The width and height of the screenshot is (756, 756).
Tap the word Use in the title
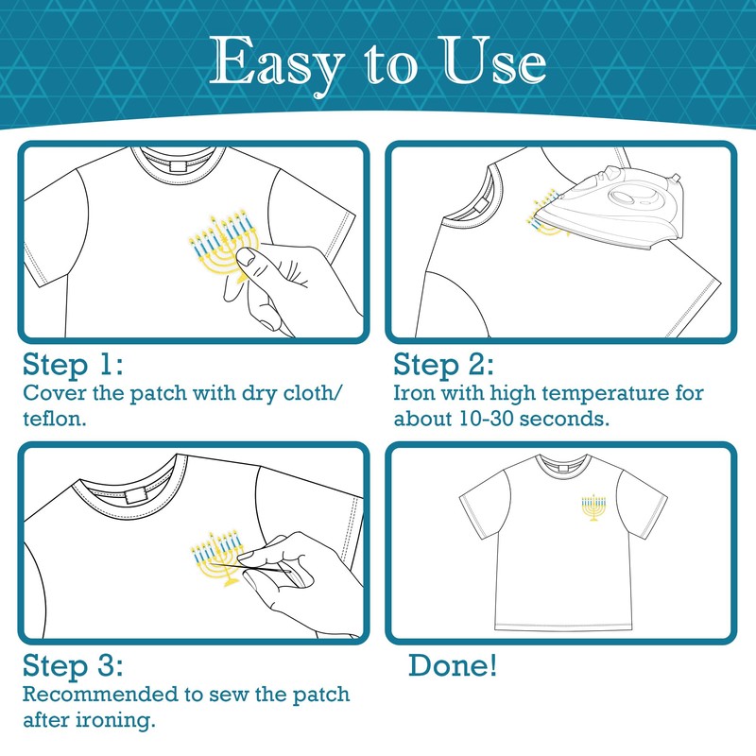pyautogui.click(x=494, y=60)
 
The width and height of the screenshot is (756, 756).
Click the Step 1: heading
pyautogui.click(x=73, y=365)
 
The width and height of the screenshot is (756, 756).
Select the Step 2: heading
pyautogui.click(x=443, y=365)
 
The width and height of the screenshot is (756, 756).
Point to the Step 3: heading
pyautogui.click(x=73, y=666)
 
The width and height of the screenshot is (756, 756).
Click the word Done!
pyautogui.click(x=453, y=665)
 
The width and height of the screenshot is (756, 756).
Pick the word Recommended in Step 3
pyautogui.click(x=100, y=695)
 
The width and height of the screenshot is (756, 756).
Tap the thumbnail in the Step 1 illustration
pyautogui.click(x=248, y=257)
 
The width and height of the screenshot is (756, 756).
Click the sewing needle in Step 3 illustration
pyautogui.click(x=250, y=568)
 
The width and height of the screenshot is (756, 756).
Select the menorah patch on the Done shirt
pyautogui.click(x=593, y=507)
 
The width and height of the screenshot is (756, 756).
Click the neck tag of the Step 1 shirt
pyautogui.click(x=178, y=167)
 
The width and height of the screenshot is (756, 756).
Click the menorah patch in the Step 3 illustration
pyautogui.click(x=218, y=559)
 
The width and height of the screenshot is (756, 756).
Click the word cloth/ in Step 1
pyautogui.click(x=313, y=392)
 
